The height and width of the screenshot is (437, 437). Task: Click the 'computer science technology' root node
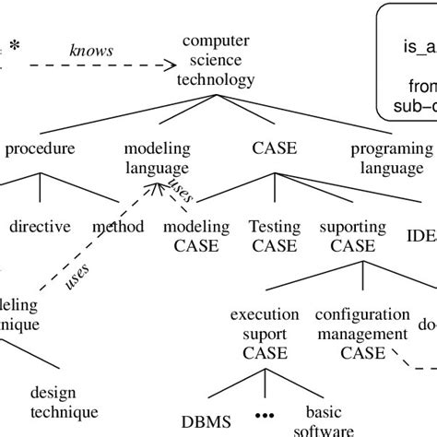[x=218, y=60]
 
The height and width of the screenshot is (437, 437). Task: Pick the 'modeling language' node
[x=157, y=158]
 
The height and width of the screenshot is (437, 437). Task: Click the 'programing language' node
[x=391, y=158]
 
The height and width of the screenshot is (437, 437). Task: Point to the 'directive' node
[x=39, y=226]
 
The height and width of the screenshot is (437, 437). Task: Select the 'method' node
[x=118, y=226]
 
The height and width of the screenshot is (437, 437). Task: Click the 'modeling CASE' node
[x=191, y=235]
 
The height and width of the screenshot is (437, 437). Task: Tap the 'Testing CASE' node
[x=274, y=235]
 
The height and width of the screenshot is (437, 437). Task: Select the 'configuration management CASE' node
[x=360, y=333]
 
